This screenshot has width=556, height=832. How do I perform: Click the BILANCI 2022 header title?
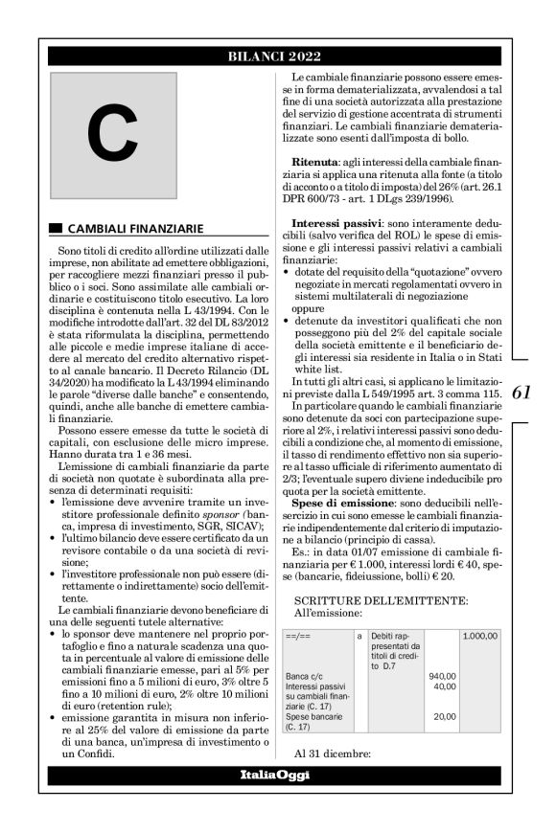(x=277, y=56)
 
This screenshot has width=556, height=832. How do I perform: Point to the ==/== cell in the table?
(x=298, y=635)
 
